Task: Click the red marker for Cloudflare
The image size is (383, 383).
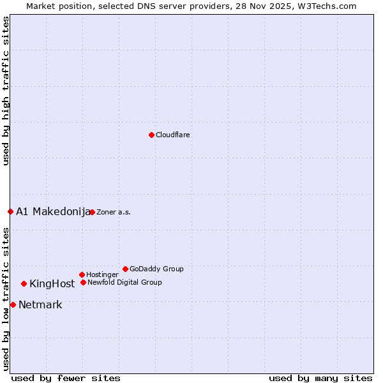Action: point(151,135)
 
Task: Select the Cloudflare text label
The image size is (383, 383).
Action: point(172,135)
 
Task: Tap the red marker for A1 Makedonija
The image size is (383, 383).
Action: point(10,211)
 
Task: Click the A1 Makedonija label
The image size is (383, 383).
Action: point(53,211)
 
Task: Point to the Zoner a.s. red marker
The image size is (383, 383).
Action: point(92,212)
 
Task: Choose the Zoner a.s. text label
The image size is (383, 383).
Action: point(114,212)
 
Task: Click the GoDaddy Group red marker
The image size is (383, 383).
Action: point(125,269)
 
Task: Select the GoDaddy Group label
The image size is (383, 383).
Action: point(156,269)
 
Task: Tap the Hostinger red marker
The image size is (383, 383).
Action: point(82,274)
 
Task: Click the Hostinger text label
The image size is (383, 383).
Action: point(102,274)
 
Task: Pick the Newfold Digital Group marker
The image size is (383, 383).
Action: point(83,282)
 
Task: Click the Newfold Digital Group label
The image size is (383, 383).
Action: point(124,282)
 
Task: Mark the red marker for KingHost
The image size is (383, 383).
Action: point(24,283)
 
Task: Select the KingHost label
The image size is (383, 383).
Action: point(52,283)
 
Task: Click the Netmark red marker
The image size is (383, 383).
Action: point(13,304)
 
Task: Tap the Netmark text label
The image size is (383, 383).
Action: point(40,304)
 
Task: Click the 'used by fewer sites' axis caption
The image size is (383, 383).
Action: point(66,378)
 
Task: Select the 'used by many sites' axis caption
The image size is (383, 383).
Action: point(320,378)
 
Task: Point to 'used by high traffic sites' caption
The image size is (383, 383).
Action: point(6,91)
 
